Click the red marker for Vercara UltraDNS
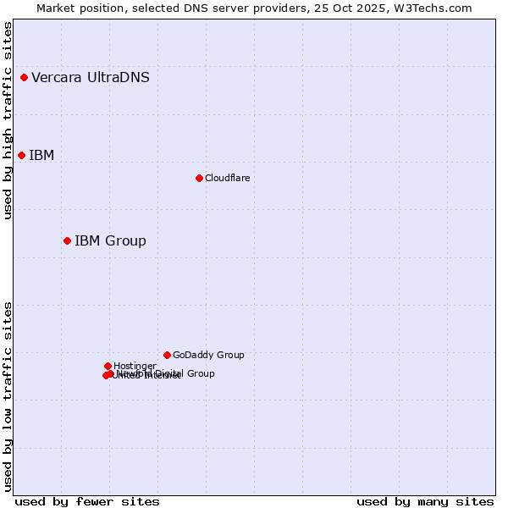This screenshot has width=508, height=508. click(x=24, y=78)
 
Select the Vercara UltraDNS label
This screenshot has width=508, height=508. click(x=91, y=78)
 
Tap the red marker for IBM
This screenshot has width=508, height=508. click(x=21, y=155)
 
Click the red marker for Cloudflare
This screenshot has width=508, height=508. click(x=199, y=178)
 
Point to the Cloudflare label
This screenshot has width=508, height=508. click(x=227, y=178)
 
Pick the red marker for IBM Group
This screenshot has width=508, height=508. click(x=67, y=241)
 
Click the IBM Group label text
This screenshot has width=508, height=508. click(x=110, y=241)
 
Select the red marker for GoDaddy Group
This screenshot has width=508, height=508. click(x=167, y=355)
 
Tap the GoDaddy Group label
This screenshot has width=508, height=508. click(x=208, y=356)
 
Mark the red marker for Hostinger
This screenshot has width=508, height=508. click(x=108, y=366)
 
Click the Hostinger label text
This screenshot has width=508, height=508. click(x=135, y=367)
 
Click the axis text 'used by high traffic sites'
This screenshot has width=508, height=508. click(x=8, y=121)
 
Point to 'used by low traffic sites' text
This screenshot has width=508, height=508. click(x=8, y=395)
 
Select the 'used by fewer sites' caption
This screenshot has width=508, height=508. click(x=87, y=501)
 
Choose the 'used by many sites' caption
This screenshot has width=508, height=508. click(x=425, y=501)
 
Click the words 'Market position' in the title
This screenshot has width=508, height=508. click(x=77, y=8)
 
